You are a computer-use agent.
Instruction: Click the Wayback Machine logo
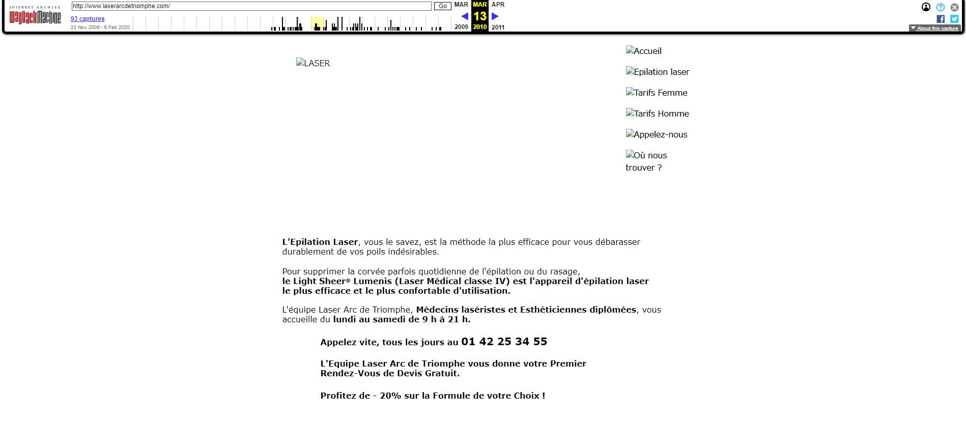35,17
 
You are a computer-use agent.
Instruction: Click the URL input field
251,6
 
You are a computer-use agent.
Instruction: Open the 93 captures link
88,19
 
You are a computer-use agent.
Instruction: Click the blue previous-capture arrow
464,16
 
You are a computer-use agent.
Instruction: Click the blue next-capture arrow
495,16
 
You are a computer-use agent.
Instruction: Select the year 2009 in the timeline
461,27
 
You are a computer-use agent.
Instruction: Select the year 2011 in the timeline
498,27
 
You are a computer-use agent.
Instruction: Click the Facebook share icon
941,19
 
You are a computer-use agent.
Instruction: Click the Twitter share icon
954,19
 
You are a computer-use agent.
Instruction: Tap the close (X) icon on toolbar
954,7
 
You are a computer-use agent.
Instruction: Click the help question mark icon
941,7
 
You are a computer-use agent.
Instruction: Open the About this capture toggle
934,29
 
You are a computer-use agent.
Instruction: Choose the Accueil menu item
644,51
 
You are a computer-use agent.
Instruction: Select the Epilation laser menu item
658,72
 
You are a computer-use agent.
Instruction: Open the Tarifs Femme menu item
657,93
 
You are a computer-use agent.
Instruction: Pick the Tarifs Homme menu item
658,114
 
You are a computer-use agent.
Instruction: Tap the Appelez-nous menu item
657,134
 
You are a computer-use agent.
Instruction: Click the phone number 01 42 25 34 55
504,342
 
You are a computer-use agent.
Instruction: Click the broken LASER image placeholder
313,63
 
